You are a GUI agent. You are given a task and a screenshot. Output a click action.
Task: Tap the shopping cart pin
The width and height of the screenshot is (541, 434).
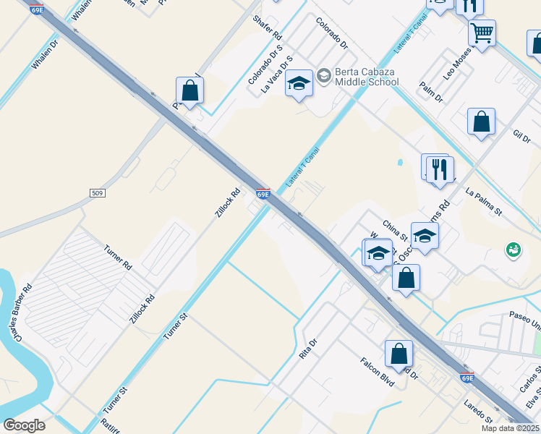coord(482,33)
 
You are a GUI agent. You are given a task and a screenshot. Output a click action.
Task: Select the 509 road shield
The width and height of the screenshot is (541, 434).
coord(98,192)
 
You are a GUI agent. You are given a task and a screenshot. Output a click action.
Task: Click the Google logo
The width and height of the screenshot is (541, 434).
coord(24,425)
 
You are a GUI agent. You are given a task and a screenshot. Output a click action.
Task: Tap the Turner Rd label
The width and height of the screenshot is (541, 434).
coord(117,256)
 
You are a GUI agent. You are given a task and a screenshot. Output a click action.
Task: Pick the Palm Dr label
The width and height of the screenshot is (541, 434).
coord(431,93)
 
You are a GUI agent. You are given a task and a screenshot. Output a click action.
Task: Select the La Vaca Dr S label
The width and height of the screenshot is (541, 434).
coord(277,75)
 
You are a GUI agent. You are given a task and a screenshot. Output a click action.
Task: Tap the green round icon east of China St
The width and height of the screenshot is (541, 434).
coord(514,250)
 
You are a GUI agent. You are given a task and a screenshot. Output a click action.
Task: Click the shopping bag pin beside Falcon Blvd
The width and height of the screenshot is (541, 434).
coord(399,354)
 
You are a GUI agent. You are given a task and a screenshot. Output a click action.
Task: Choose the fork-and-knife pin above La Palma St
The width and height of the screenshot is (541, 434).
coord(440,170)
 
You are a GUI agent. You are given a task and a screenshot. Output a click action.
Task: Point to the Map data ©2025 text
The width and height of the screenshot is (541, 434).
coord(510,428)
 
